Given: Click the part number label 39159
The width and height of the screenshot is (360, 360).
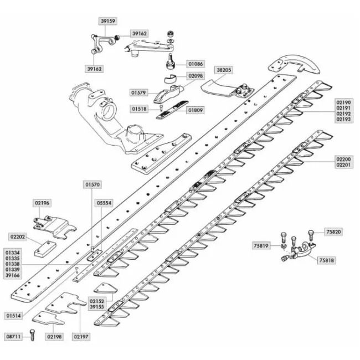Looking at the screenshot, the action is tap(108, 21).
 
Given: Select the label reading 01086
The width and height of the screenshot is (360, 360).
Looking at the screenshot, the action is tap(196, 64).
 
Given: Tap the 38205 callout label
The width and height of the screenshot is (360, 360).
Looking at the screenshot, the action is tap(224, 70).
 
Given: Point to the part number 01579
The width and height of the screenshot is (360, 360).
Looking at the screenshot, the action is tap(138, 92).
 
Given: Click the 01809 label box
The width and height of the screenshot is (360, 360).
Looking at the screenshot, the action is tap(196, 110).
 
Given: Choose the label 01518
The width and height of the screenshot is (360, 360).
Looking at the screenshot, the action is tap(139, 109).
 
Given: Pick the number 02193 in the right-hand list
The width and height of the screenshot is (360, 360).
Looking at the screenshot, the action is tap(343, 120).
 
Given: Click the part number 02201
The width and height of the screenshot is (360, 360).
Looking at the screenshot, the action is tap(343, 165).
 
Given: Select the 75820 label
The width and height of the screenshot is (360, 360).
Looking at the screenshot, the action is tap(333, 232).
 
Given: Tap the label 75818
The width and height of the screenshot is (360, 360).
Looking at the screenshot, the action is tap(326, 260).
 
